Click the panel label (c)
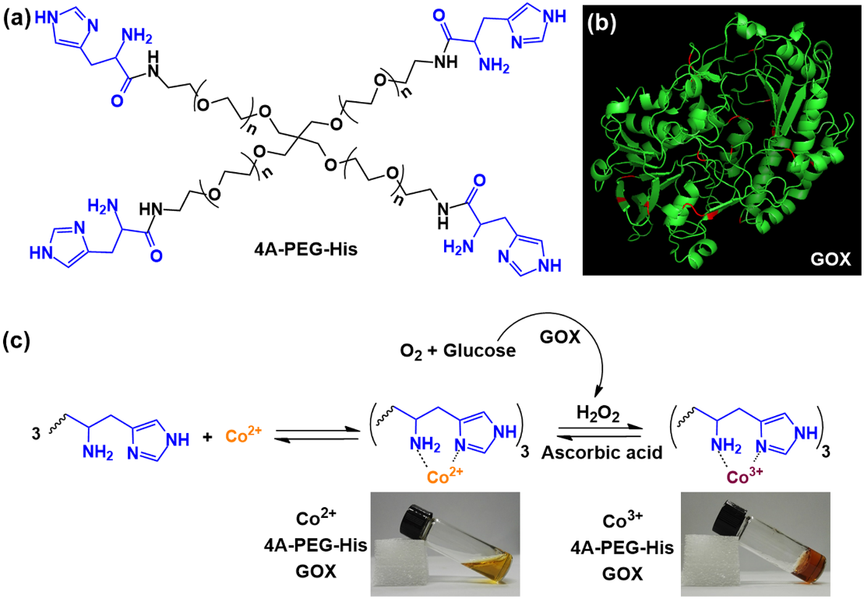point(16,341)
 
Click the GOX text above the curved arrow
point(560,336)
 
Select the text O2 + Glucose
point(457,351)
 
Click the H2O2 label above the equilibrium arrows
point(598,414)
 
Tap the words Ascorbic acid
point(601,453)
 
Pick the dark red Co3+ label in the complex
point(745,476)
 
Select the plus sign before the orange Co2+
point(207,438)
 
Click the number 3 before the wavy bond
point(36,434)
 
